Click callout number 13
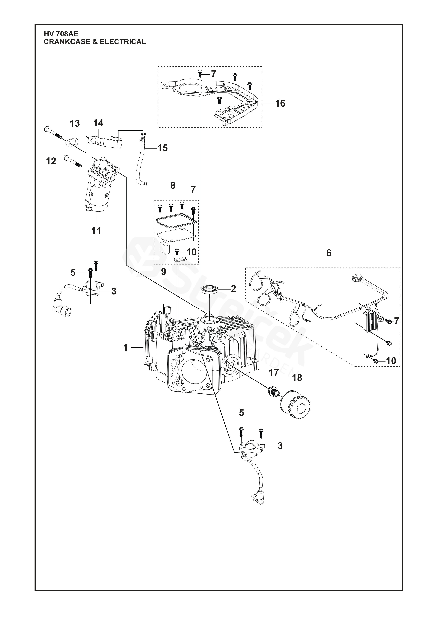point(75,124)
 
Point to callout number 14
point(98,123)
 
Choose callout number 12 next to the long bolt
point(51,161)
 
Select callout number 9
point(163,272)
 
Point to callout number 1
point(125,348)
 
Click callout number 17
point(274,373)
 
